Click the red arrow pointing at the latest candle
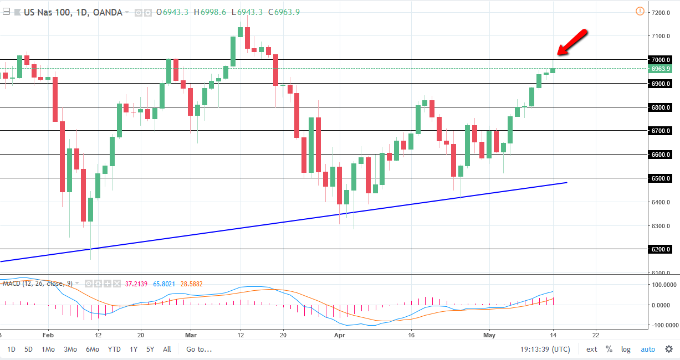click(x=571, y=42)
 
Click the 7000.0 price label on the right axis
click(x=660, y=60)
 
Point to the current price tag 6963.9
click(x=660, y=69)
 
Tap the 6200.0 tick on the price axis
click(x=660, y=249)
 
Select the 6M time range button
click(x=93, y=349)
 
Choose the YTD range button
click(x=114, y=349)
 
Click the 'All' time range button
click(x=167, y=349)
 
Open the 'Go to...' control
click(x=199, y=349)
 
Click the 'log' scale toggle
click(x=626, y=349)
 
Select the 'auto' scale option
click(x=647, y=349)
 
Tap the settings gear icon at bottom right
click(x=668, y=349)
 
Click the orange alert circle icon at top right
click(x=640, y=12)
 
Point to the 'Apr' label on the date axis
click(x=339, y=335)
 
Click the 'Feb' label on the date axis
click(x=48, y=335)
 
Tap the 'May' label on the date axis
click(x=489, y=335)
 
